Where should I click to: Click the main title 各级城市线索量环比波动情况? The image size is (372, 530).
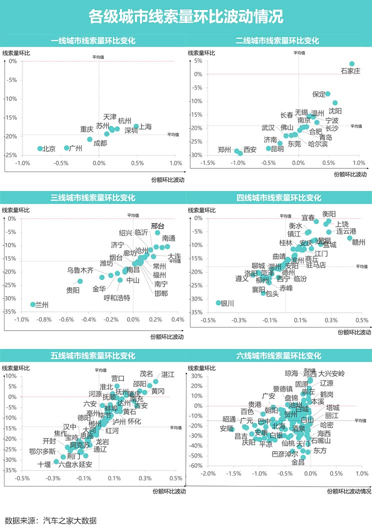click(x=185, y=16)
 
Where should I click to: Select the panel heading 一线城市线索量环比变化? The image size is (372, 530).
click(x=93, y=41)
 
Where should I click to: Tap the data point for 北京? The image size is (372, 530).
click(x=40, y=148)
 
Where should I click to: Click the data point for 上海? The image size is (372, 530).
click(x=136, y=126)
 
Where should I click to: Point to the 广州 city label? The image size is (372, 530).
click(x=75, y=148)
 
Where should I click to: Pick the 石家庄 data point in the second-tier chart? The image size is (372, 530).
click(x=352, y=64)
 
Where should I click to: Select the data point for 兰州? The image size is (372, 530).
click(x=33, y=304)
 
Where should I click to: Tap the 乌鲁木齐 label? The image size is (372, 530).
click(x=80, y=270)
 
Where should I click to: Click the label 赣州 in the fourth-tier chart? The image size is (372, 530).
click(x=359, y=242)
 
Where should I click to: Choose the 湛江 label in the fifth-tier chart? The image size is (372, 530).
click(x=168, y=374)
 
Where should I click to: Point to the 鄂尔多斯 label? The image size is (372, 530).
click(x=42, y=451)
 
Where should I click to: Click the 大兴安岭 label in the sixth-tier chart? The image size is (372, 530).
click(x=331, y=373)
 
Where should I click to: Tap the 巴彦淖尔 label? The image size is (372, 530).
click(x=285, y=454)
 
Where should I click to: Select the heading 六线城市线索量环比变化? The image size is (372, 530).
click(x=278, y=356)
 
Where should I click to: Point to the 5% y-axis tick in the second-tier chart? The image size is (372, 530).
click(x=198, y=61)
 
